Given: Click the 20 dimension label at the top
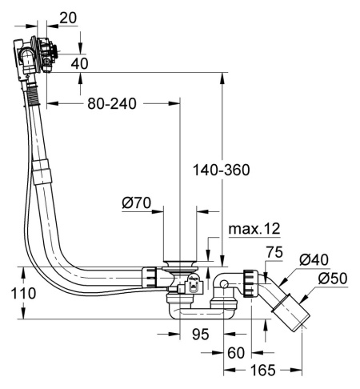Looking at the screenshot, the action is pos(68,18).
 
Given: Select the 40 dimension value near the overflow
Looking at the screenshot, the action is pos(79,63).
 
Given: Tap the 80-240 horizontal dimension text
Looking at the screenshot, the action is pos(112,103).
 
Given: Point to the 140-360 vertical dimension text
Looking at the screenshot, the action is pos(221,170).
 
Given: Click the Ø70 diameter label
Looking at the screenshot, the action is pos(137,203).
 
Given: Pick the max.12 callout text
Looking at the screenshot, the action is pos(254,229).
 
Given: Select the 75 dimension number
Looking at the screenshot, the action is pos(274,252).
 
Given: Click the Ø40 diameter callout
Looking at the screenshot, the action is pos(314,259).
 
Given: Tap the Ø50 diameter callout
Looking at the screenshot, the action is pos(333,279).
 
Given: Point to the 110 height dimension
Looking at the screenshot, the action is pos(23,293).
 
